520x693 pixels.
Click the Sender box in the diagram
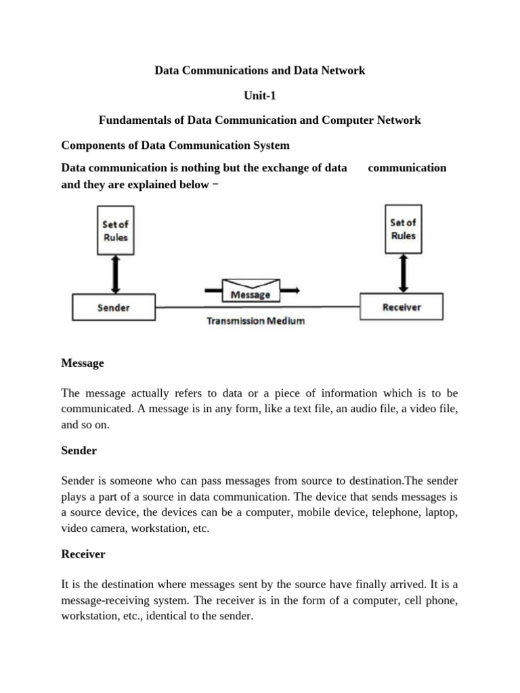coord(113,308)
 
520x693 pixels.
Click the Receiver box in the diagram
coord(402,307)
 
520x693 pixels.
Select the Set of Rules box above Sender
coord(114,230)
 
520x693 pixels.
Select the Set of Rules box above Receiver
coord(403,229)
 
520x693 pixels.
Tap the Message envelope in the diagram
coord(251,289)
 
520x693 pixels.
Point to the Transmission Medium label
coord(255,321)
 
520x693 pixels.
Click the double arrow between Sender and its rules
coord(114,274)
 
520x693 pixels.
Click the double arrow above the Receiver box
coord(404,273)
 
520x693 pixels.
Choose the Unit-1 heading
coord(260,95)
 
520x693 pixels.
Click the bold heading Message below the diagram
coord(83,363)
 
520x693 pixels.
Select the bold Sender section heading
coord(79,451)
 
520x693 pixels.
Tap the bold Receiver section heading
coord(83,554)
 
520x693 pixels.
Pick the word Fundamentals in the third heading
coord(133,120)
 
